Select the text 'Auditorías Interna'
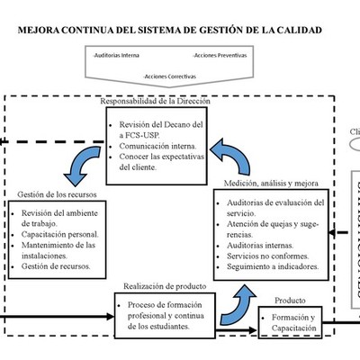pos(117,55)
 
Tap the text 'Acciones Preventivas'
pos(220,55)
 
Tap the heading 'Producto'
pos(289,301)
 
